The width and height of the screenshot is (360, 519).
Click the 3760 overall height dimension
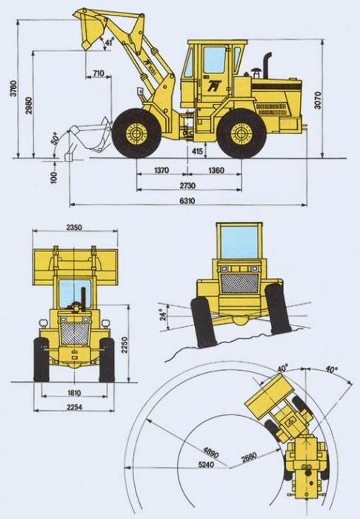pos(13,88)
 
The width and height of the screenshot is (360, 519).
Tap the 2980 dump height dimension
pos(29,105)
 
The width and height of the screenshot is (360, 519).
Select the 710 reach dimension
pos(99,73)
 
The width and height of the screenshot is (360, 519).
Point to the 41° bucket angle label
pos(109,42)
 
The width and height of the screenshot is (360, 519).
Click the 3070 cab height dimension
pos(317,101)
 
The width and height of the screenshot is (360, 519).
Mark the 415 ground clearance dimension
pos(197,151)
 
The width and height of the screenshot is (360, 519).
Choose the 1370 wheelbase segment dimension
pos(161,171)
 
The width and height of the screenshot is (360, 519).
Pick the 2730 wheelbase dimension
pos(187,185)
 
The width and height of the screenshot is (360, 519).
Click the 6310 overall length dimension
pos(187,201)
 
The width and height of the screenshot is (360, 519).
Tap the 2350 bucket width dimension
pos(75,227)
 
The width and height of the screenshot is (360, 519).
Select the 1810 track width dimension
pos(74,393)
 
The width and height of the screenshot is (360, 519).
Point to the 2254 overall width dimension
pos(75,408)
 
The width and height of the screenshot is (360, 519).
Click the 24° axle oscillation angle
pos(162,315)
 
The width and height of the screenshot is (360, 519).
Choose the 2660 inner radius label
pos(249,457)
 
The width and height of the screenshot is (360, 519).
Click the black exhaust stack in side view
pos(267,65)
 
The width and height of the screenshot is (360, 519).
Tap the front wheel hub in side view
pos(136,133)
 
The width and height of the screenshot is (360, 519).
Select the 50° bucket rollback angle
pos(55,138)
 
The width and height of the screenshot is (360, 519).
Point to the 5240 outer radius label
pos(206,464)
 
